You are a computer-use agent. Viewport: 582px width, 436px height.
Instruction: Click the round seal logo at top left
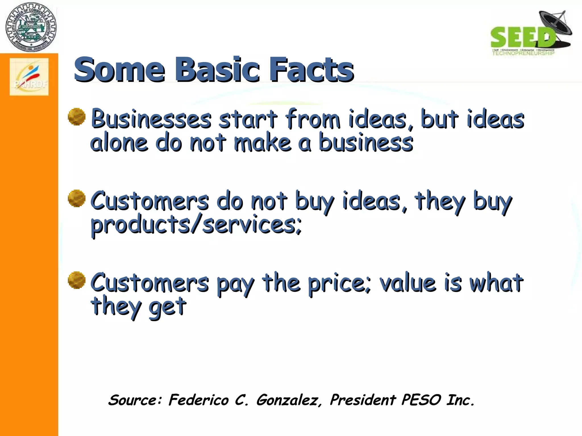pos(31,27)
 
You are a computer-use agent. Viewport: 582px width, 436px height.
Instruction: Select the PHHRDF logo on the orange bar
pos(29,77)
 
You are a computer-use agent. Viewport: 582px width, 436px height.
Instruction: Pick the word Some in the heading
pos(119,70)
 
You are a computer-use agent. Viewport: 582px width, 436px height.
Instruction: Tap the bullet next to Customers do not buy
pos(77,198)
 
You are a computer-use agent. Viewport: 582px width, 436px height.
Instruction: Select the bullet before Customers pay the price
pos(77,280)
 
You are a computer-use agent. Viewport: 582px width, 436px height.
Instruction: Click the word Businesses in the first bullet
pos(151,119)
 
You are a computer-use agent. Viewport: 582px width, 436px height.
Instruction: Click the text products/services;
pos(196,225)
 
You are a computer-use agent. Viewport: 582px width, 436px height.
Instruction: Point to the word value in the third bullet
pos(408,283)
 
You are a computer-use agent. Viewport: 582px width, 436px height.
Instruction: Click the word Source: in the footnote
pos(135,400)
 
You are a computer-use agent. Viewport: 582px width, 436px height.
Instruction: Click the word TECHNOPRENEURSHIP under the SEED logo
pos(523,53)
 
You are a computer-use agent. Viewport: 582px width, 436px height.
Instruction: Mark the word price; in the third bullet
pos(339,284)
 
